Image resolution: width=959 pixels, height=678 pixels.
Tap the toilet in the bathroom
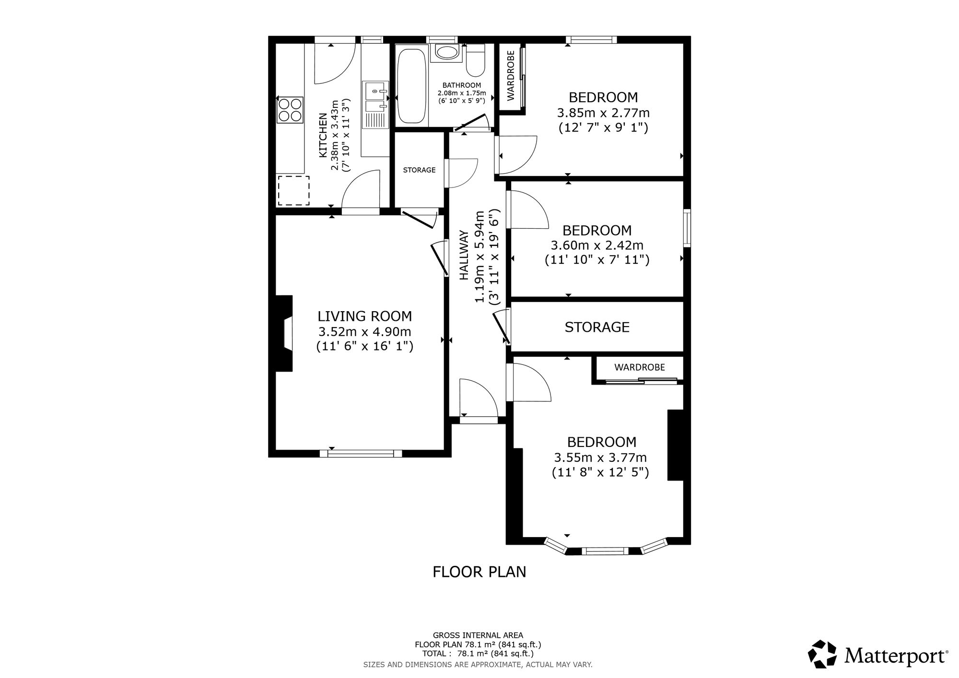(476, 60)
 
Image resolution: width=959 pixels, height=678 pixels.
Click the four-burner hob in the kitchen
(290, 110)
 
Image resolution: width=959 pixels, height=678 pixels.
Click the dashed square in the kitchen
(293, 190)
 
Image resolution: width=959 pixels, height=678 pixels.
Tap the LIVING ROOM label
(365, 316)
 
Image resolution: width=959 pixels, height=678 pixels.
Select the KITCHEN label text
(323, 135)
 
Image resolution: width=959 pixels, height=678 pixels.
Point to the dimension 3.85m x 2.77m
(603, 113)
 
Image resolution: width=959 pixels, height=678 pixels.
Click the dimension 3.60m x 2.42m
(597, 245)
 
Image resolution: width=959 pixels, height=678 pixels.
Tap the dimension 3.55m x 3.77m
(600, 457)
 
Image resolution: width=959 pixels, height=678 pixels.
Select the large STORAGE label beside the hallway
(597, 327)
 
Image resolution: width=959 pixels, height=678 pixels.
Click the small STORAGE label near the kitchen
(420, 170)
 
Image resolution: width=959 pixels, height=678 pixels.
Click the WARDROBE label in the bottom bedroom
(640, 367)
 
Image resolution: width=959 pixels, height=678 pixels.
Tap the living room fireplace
(284, 333)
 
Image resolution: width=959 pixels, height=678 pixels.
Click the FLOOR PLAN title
(479, 572)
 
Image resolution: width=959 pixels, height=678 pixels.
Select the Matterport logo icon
(823, 654)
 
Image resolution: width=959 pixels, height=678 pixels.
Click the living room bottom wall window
(361, 453)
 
